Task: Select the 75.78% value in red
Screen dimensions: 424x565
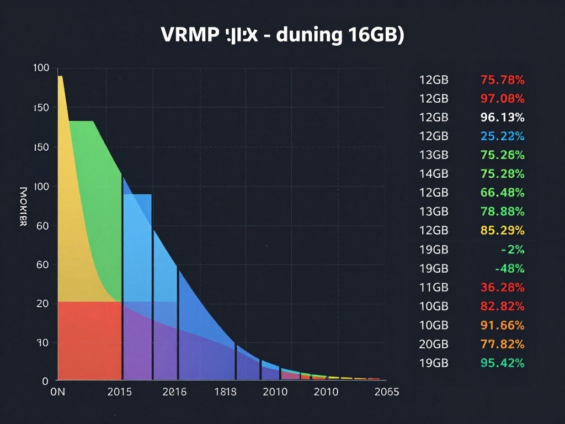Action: tap(502, 79)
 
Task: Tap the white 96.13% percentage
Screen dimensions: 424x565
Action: tap(502, 117)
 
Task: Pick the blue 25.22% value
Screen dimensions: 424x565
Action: tap(502, 136)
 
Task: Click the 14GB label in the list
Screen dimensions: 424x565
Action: tap(434, 174)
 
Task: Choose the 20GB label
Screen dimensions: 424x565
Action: tap(434, 344)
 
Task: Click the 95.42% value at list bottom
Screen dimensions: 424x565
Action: tap(502, 363)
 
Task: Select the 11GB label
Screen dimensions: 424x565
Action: tap(434, 287)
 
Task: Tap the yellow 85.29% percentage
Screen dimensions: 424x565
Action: tap(502, 230)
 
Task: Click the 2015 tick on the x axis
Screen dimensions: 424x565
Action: tap(119, 392)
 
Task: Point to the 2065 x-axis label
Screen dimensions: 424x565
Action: tap(386, 392)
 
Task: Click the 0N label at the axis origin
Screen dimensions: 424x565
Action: tap(57, 392)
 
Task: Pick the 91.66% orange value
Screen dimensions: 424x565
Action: tap(502, 325)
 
